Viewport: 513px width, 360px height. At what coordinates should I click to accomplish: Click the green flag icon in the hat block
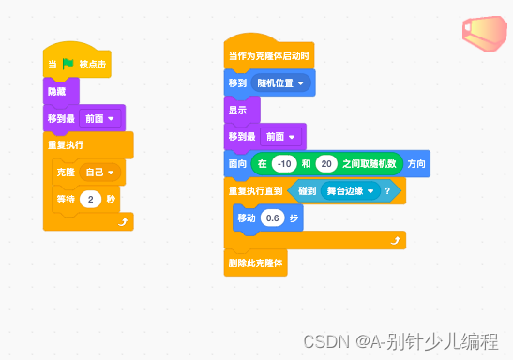(68, 66)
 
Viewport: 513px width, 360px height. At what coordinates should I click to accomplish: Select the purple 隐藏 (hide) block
(56, 92)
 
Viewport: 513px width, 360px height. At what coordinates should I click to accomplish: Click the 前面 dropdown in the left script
(99, 119)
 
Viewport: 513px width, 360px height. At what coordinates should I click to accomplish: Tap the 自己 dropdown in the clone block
(98, 173)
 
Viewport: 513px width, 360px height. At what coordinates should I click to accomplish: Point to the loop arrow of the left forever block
(123, 221)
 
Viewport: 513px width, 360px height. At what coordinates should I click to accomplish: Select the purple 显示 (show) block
(237, 110)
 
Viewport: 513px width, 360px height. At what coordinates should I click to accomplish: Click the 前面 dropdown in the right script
(280, 137)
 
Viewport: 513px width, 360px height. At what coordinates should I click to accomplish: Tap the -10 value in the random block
(283, 164)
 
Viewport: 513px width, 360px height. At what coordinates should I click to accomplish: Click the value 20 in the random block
(326, 164)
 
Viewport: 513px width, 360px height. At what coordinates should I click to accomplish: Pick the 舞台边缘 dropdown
(348, 191)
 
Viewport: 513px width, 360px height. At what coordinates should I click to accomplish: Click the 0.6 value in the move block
(273, 217)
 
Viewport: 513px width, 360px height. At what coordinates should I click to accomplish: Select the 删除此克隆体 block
(256, 262)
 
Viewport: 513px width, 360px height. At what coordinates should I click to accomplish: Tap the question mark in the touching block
(386, 191)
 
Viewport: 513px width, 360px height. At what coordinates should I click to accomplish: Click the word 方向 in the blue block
(416, 164)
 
